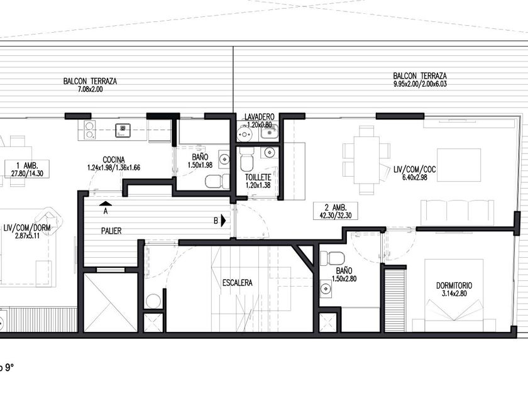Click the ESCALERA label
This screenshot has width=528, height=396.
click(x=237, y=283)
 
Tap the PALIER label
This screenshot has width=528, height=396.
click(x=111, y=231)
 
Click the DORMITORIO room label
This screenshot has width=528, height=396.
click(x=454, y=285)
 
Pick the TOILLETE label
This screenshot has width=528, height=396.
click(x=258, y=177)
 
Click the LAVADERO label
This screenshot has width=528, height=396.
click(x=259, y=117)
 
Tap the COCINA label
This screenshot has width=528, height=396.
click(x=114, y=160)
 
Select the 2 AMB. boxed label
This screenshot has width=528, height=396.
click(x=336, y=211)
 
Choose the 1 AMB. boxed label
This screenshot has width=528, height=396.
click(x=27, y=169)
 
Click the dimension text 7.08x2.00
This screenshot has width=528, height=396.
click(x=91, y=89)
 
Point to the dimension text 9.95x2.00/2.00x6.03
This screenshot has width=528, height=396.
click(x=420, y=84)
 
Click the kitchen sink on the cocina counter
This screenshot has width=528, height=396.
click(x=123, y=130)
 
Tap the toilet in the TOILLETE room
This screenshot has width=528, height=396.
click(x=247, y=161)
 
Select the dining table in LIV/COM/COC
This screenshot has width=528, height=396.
click(x=366, y=160)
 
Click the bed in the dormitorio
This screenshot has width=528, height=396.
click(x=454, y=295)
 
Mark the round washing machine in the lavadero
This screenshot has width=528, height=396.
click(x=245, y=135)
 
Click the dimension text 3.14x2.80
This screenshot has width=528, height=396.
click(x=454, y=294)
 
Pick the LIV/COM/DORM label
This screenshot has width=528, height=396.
click(x=27, y=228)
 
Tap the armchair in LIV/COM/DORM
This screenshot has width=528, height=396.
click(x=49, y=219)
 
